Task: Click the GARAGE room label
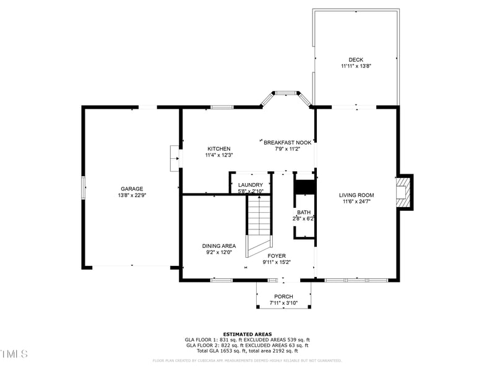click(x=132, y=189)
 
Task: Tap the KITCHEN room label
click(x=218, y=148)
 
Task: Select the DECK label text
click(x=356, y=59)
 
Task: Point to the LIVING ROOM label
click(x=356, y=195)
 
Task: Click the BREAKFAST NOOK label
click(x=288, y=142)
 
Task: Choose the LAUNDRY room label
click(x=251, y=185)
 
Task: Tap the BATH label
click(x=303, y=212)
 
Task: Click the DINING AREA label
click(x=218, y=245)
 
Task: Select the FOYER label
click(x=277, y=255)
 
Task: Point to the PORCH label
click(x=283, y=297)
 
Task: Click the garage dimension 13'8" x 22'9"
click(x=132, y=195)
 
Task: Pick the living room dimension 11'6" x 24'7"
click(x=356, y=202)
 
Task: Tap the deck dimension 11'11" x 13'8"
click(x=356, y=66)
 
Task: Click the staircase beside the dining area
click(x=259, y=223)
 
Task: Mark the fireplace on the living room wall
click(x=404, y=192)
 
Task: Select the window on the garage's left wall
click(x=84, y=188)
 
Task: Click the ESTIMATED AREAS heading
click(x=247, y=334)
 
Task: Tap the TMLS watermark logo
click(x=14, y=354)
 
